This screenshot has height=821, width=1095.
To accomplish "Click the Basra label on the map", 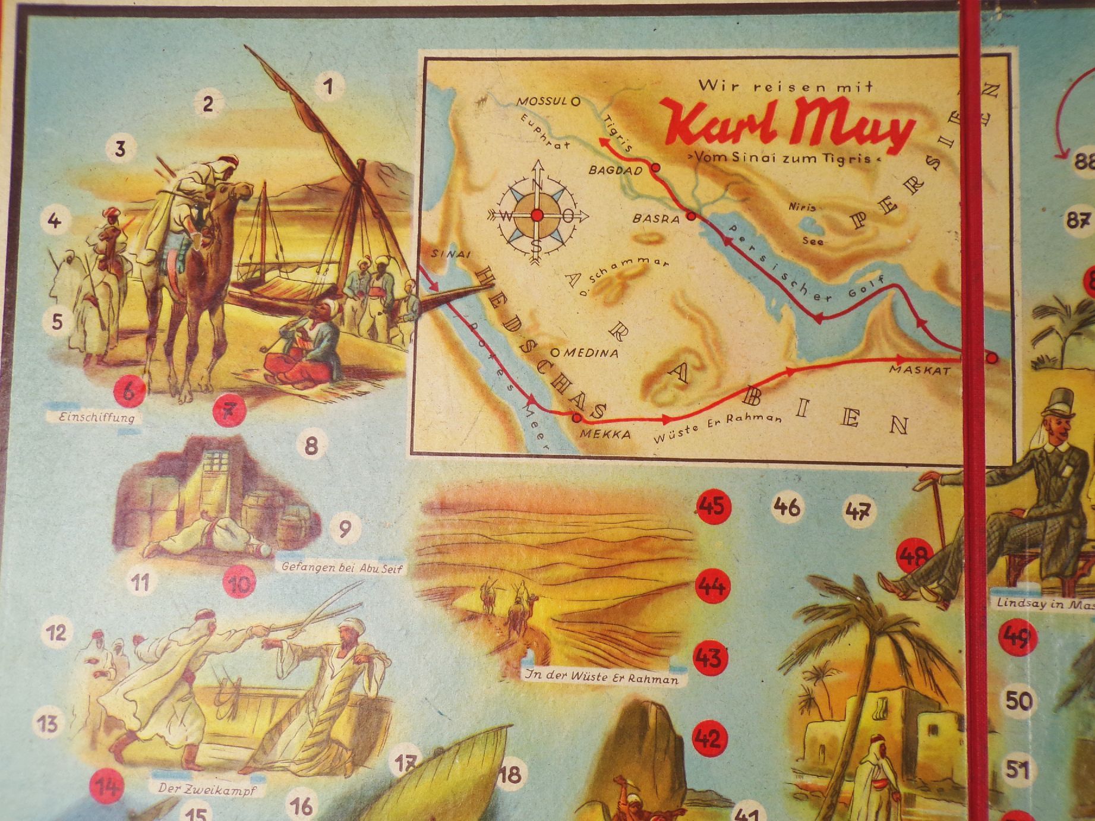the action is tap(655, 219).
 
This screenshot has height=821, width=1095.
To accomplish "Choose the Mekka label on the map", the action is tap(605, 434).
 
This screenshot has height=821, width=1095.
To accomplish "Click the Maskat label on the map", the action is tap(919, 370).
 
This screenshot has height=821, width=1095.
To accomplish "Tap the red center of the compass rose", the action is tap(537, 216).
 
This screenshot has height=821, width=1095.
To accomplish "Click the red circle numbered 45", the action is tap(712, 506).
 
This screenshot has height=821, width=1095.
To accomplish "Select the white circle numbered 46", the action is tap(787, 507).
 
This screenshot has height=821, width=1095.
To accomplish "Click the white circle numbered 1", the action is tap(327, 87).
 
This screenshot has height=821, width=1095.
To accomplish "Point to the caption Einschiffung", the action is tap(96, 417).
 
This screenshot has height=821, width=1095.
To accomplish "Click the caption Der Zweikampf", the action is tap(203, 790).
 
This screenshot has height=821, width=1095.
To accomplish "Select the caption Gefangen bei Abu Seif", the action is tap(342, 568).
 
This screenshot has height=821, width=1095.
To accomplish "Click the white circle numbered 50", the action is tap(1018, 701).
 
